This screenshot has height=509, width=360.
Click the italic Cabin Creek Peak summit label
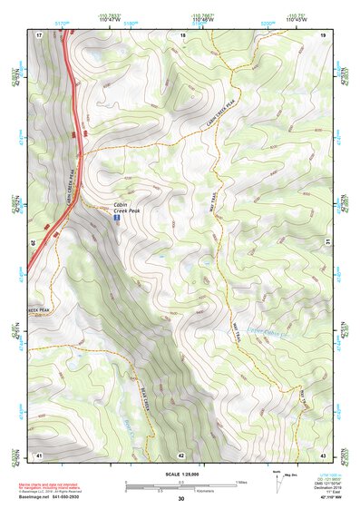pyautogui.click(x=126, y=207)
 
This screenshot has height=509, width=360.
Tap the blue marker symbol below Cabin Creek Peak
pyautogui.click(x=114, y=219)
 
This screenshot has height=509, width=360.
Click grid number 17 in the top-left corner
pyautogui.click(x=40, y=35)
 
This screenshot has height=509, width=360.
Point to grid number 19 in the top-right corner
pyautogui.click(x=324, y=35)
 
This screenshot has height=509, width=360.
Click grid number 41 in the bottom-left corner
pyautogui.click(x=39, y=454)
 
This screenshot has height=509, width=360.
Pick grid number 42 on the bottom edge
pyautogui.click(x=181, y=454)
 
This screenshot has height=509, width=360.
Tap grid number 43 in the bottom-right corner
pyautogui.click(x=324, y=454)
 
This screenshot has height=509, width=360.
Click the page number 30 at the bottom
pyautogui.click(x=181, y=498)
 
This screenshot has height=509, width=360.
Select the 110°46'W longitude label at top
pyautogui.click(x=203, y=18)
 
